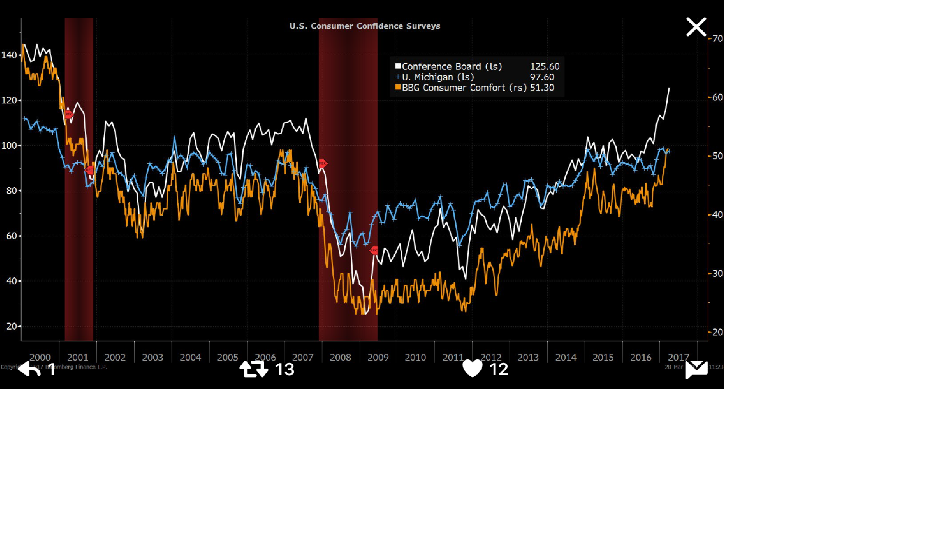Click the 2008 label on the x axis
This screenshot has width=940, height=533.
point(340,357)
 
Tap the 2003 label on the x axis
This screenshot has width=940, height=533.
point(152,357)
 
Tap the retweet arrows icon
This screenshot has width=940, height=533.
point(254,369)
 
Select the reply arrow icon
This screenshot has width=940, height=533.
point(29,369)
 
